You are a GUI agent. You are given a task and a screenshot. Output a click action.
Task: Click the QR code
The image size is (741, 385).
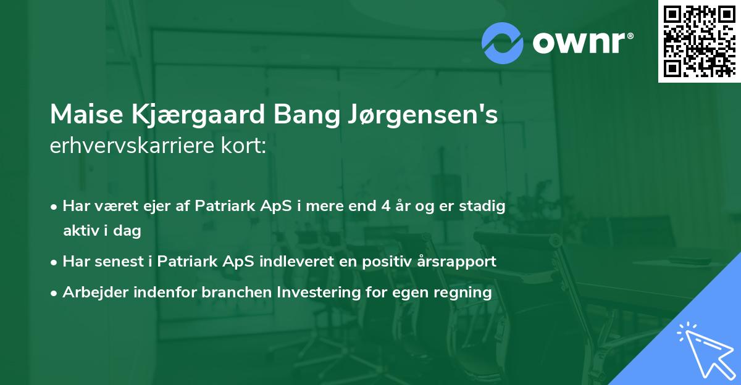point(699,41)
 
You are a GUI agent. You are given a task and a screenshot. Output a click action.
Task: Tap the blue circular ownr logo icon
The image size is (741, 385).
point(503,43)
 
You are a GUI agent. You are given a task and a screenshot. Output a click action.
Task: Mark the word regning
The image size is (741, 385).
point(464,292)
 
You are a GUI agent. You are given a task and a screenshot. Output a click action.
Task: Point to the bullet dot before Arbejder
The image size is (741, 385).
point(55,293)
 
